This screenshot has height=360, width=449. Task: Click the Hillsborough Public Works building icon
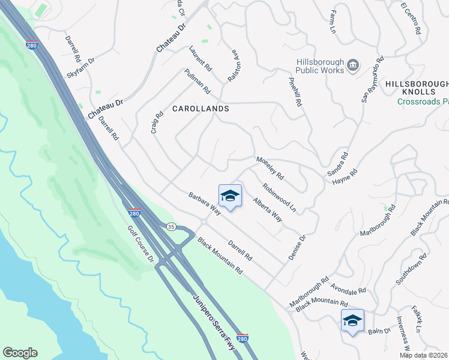353,64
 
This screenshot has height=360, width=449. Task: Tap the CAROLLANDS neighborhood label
200,109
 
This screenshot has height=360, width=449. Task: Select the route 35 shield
171,226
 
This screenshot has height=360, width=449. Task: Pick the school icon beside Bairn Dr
352,320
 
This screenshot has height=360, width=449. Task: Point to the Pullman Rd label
197,81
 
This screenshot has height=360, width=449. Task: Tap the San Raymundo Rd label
372,80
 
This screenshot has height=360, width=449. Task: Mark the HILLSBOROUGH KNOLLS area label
417,88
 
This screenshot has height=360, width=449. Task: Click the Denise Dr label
297,247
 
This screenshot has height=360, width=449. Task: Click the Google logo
20,353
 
